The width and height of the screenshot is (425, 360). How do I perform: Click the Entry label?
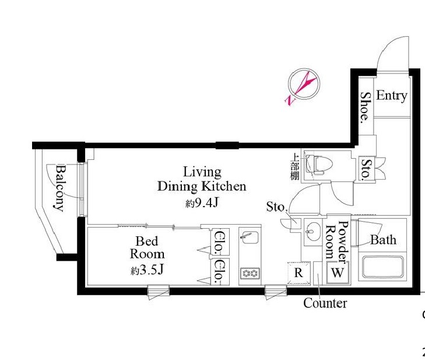[x=392, y=96]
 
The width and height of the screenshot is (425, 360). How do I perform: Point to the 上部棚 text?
[x=294, y=166]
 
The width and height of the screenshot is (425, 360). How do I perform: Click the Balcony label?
[x=61, y=188]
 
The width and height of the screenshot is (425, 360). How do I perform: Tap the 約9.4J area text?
[x=202, y=203]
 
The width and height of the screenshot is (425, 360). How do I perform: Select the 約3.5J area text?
[x=147, y=270]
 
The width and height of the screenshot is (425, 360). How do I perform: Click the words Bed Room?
[x=147, y=247]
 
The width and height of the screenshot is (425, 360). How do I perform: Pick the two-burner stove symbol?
[x=250, y=273]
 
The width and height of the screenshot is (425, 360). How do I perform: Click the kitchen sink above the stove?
[x=250, y=239]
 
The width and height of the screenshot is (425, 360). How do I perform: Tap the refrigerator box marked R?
[x=298, y=273]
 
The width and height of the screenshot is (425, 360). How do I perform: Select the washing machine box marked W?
[x=338, y=272]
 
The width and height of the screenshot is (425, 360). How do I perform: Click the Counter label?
[x=325, y=303]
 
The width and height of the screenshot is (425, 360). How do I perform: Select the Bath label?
[x=383, y=240]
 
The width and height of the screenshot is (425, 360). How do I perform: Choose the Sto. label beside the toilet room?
[x=367, y=169]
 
